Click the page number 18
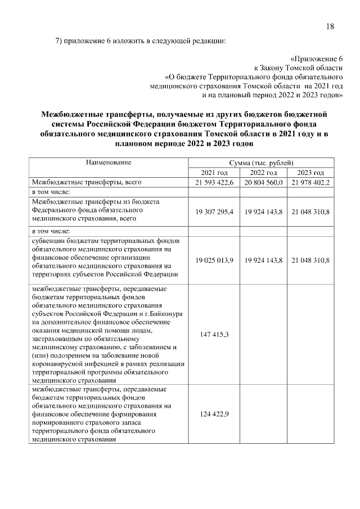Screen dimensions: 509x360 click(330, 26)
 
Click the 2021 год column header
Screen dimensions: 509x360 click(214, 173)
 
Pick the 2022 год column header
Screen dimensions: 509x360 click(263, 173)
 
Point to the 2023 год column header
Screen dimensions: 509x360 click(311, 173)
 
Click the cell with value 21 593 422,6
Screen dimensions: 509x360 click(214, 183)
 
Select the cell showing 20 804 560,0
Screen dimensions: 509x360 click(263, 183)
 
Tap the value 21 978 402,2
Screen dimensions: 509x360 click(311, 183)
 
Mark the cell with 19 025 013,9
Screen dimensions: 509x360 click(214, 260)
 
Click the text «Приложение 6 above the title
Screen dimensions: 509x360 click(317, 58)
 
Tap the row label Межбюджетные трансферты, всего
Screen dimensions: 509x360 click(86, 183)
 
